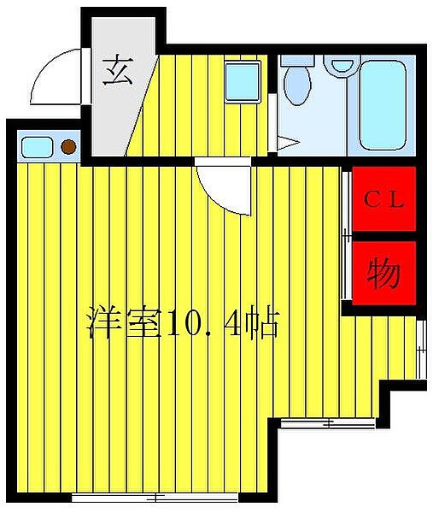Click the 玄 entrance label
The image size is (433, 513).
pos(117,69)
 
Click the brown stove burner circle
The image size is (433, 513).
pos(68,147)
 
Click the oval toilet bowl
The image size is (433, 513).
pos(295,86)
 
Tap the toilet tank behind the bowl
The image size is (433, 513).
pos(297,63)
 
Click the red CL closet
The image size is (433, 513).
pos(383,200)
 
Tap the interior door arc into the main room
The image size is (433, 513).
pos(224,186)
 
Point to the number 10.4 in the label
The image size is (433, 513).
pos(202,323)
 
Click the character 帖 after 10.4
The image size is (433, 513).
pos(261,323)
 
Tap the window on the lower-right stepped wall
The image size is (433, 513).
pos(330,422)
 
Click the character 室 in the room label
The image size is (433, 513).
pos(142,322)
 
